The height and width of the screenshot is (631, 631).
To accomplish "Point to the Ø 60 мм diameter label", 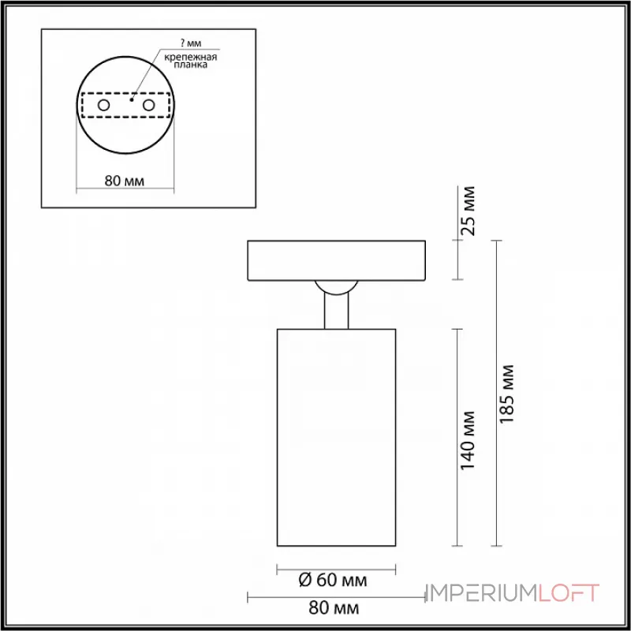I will click(334, 581).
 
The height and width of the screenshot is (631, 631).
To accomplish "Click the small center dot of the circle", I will click(130, 100).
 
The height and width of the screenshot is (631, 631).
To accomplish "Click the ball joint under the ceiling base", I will click(336, 287).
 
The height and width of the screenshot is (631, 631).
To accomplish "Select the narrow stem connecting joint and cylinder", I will click(336, 312).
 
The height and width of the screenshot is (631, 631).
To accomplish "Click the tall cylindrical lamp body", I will click(336, 436).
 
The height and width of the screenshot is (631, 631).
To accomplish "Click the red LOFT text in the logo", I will click(569, 593).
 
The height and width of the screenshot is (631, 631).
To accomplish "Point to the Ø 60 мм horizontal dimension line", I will click(336, 568).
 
